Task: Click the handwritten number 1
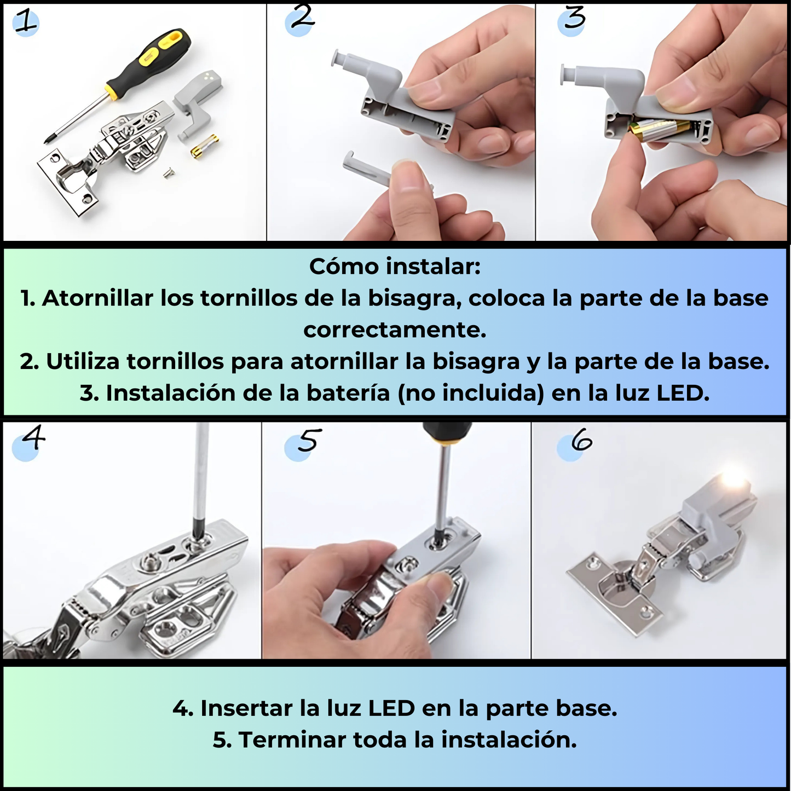tap(24, 22)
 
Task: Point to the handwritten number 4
tap(33, 437)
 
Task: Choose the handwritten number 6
tap(581, 442)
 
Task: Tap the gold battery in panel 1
tap(205, 145)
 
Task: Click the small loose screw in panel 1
tap(168, 173)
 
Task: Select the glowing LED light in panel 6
tap(735, 479)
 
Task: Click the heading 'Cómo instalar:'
tap(395, 267)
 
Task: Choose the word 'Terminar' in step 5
tap(292, 740)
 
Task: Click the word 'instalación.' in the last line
tap(509, 740)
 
